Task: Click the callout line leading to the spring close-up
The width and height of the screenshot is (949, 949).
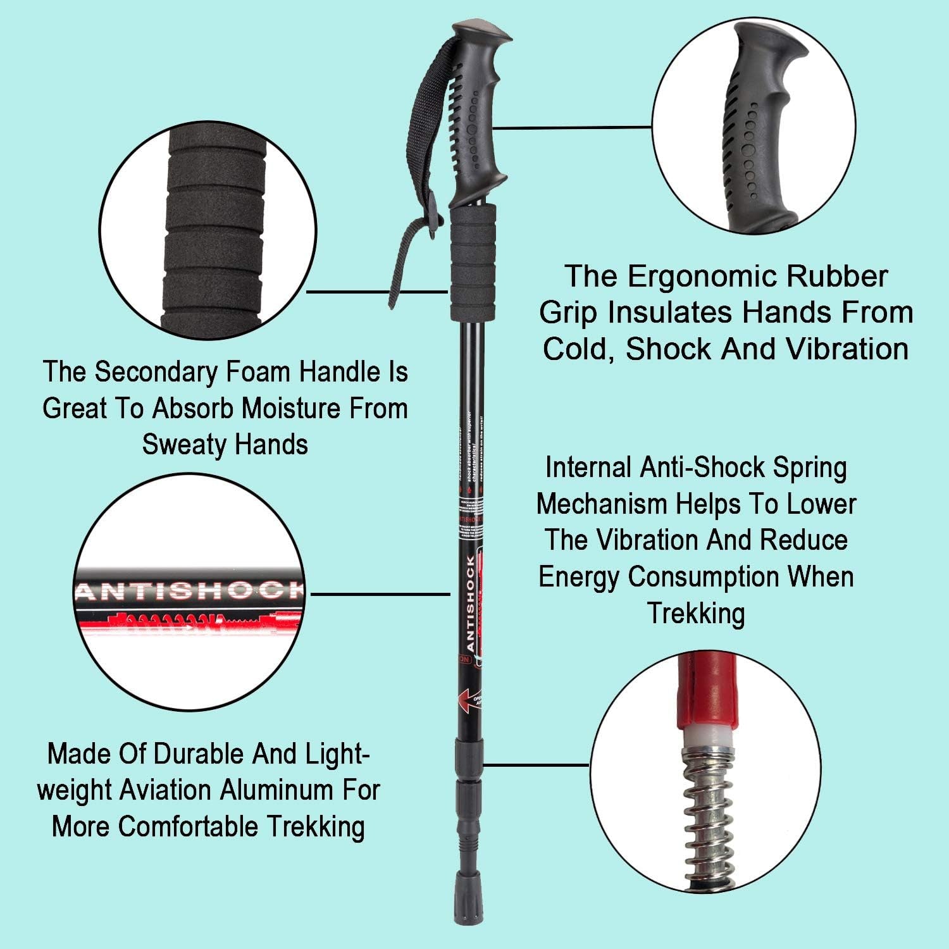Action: coord(538,764)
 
